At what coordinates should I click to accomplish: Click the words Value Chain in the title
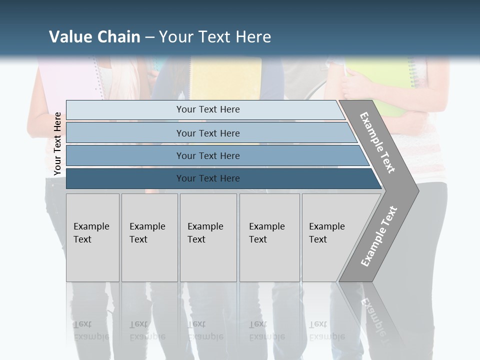(94, 37)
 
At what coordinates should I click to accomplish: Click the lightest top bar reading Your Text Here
(207, 109)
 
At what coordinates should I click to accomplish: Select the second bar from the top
(207, 133)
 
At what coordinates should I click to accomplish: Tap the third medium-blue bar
(207, 155)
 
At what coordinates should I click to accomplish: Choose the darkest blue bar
(207, 178)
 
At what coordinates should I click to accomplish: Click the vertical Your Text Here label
(57, 143)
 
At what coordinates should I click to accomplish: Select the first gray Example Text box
(92, 237)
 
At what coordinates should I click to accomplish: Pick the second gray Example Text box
(149, 237)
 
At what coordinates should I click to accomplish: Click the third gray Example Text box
(208, 237)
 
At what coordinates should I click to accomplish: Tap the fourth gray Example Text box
(269, 237)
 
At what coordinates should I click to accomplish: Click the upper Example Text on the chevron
(377, 142)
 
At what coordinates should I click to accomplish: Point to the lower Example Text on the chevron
(379, 236)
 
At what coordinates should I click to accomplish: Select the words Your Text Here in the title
(215, 37)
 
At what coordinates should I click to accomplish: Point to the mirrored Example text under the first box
(91, 336)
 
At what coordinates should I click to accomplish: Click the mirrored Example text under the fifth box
(327, 336)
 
